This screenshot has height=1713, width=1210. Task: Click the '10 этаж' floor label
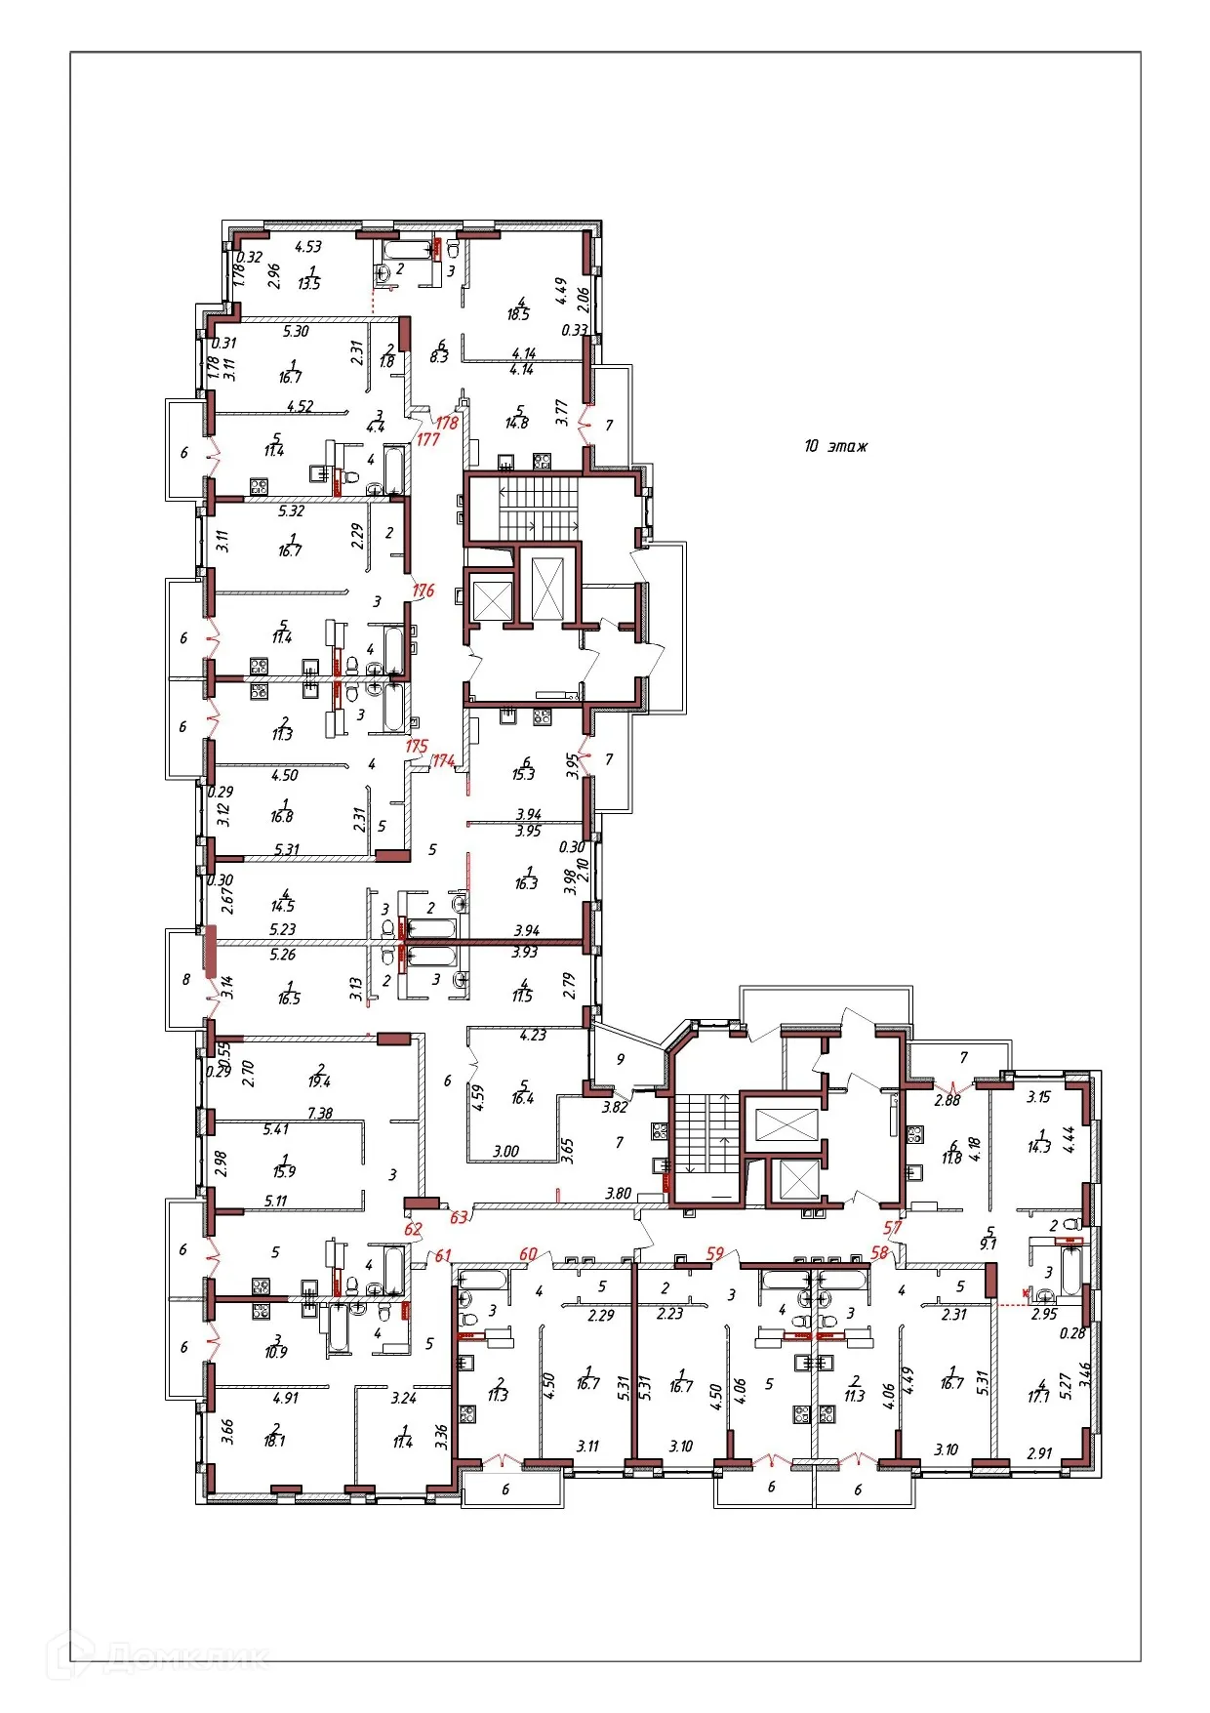pyautogui.click(x=835, y=446)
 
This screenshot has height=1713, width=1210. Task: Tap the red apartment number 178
pyautogui.click(x=447, y=423)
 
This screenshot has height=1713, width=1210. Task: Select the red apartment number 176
pyautogui.click(x=423, y=591)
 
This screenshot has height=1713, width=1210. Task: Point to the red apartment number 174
pyautogui.click(x=444, y=760)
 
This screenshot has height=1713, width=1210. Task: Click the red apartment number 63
pyautogui.click(x=459, y=1217)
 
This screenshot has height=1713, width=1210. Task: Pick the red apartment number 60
pyautogui.click(x=529, y=1254)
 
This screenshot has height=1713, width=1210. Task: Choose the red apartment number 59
pyautogui.click(x=715, y=1253)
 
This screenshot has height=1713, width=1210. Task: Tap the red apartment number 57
pyautogui.click(x=892, y=1228)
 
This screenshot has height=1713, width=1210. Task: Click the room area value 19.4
pyautogui.click(x=319, y=1081)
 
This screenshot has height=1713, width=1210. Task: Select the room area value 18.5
pyautogui.click(x=518, y=314)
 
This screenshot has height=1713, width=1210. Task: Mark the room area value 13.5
pyautogui.click(x=309, y=284)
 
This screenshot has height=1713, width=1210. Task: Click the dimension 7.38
pyautogui.click(x=320, y=1113)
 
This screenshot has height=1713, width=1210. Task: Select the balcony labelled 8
pyautogui.click(x=186, y=979)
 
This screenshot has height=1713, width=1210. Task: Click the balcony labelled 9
pyautogui.click(x=621, y=1059)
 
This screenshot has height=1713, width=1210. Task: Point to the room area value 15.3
pyautogui.click(x=524, y=774)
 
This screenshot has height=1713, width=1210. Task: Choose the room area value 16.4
pyautogui.click(x=523, y=1098)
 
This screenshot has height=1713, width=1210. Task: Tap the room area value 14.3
pyautogui.click(x=1039, y=1147)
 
